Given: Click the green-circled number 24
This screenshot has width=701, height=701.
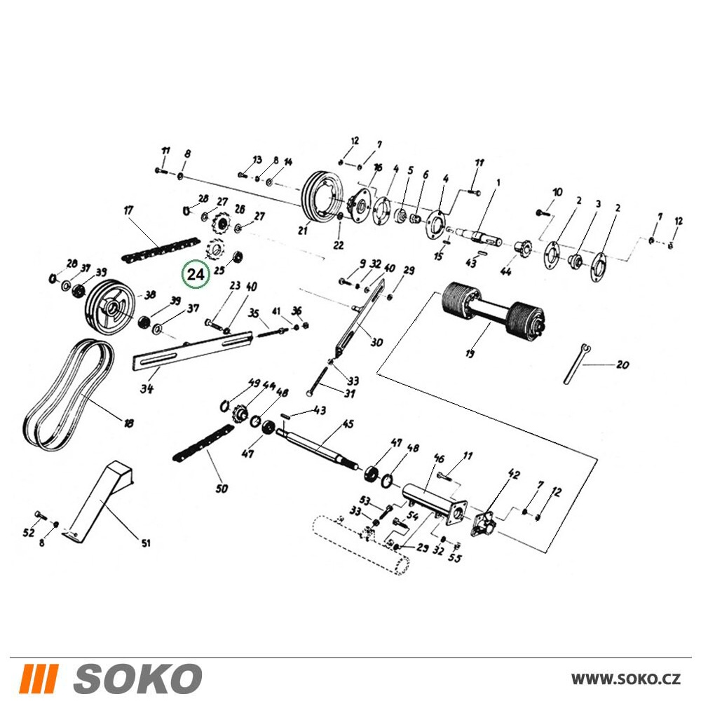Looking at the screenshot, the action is click(196, 274).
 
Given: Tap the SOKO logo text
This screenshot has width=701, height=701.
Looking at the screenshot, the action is click(137, 678).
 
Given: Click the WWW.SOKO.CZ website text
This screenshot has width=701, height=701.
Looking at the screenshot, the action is click(625, 679).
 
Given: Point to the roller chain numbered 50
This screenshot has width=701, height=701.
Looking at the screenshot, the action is click(203, 442).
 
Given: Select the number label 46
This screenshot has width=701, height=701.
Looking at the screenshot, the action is click(439, 458).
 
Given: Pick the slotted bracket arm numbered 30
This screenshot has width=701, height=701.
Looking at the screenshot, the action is click(360, 317).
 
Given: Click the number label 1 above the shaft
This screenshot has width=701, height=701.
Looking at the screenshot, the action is click(498, 182).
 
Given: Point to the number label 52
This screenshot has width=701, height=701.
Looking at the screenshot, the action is click(29, 533).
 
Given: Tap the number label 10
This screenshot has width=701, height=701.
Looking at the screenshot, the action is click(557, 193).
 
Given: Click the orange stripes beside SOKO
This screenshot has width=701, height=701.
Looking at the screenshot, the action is click(40, 678).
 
